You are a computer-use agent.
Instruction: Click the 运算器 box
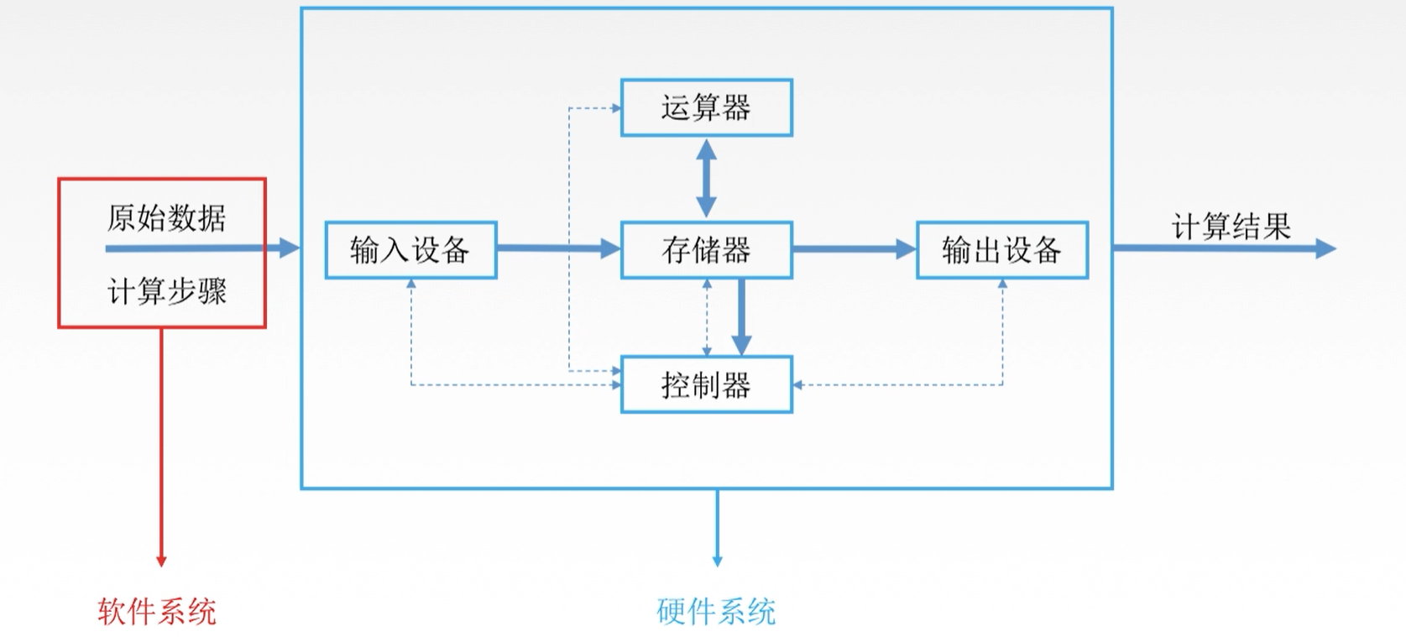pos(706,107)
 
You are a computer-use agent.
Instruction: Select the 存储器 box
pos(706,250)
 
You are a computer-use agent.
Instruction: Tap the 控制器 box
pos(706,385)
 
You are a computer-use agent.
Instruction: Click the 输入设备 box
pos(410,250)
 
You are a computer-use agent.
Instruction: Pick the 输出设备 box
pos(1001,250)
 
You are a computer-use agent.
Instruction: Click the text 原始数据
pos(166,218)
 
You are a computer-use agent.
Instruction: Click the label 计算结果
pos(1231,227)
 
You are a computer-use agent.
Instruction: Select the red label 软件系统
pos(157,611)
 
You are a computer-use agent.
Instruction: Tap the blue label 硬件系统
pos(716,611)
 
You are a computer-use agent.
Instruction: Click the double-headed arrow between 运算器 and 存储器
pos(706,178)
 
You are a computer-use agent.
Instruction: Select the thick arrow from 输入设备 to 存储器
pos(557,248)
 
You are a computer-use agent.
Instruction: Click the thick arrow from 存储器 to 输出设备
pos(853,249)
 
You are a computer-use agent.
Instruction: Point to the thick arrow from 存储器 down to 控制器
pos(741,316)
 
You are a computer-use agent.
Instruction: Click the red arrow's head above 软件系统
pos(161,561)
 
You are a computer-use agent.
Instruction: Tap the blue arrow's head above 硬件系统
pos(717,561)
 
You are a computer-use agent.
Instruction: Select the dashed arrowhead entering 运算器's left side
pos(615,108)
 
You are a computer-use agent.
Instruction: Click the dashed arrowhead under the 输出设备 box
pos(1002,285)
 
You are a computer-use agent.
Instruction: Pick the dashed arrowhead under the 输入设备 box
pos(411,285)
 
